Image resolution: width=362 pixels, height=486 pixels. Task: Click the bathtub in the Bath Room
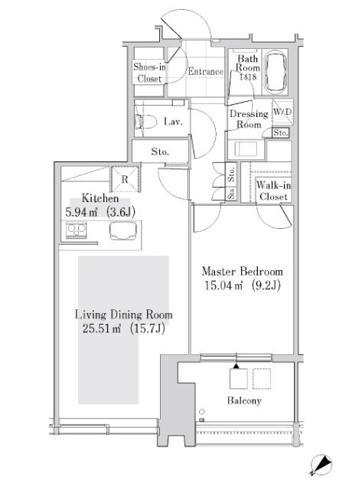click(x=275, y=73)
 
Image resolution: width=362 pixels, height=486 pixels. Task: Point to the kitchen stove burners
click(x=77, y=230)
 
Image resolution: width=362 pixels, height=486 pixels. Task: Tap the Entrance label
click(x=205, y=73)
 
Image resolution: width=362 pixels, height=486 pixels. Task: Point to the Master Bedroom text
click(x=242, y=272)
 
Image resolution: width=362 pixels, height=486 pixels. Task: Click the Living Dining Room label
click(x=123, y=315)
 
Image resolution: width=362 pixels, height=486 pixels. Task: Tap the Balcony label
click(x=243, y=400)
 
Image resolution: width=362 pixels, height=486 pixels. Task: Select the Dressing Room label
click(x=249, y=119)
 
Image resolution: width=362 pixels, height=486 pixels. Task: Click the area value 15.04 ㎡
click(x=221, y=286)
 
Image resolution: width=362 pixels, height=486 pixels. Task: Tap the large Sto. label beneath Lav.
click(x=159, y=152)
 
